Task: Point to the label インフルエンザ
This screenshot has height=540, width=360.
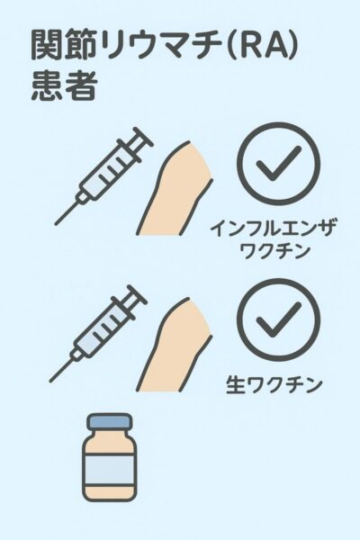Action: coord(273,228)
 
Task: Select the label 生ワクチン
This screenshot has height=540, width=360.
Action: coord(274,384)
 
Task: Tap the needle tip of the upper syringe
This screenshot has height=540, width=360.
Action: coord(56,224)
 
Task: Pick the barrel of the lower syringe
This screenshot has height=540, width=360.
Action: coord(99,331)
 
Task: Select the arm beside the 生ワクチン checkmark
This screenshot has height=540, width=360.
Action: coord(174,346)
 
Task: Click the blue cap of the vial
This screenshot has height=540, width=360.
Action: coord(110,421)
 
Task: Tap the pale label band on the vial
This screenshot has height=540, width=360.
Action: coord(110,470)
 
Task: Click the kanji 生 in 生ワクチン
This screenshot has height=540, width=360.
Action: coord(235,384)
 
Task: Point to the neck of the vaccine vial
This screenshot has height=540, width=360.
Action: coord(110,433)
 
